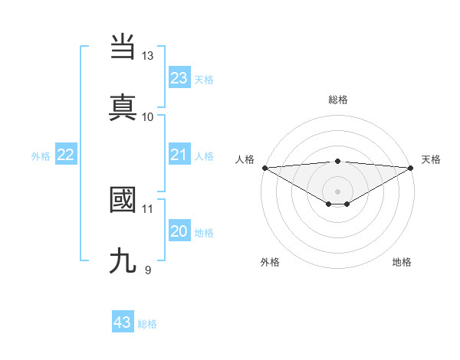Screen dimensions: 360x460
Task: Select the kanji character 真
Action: (x=123, y=108)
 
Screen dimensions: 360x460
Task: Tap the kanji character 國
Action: (x=123, y=201)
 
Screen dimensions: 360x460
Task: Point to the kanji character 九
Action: (x=123, y=261)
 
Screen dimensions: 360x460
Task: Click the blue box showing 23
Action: (x=179, y=78)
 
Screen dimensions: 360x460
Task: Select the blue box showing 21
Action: (x=179, y=155)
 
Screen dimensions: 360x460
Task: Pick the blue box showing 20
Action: (x=179, y=231)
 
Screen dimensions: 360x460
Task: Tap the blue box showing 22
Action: (x=65, y=155)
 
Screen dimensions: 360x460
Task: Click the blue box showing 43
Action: (x=123, y=322)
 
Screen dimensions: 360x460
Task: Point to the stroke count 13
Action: (x=148, y=56)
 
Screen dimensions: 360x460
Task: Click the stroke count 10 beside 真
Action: (x=148, y=116)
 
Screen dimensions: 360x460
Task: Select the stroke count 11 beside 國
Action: (x=148, y=208)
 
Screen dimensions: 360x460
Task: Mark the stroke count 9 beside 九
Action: (x=148, y=270)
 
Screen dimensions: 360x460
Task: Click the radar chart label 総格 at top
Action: (x=338, y=100)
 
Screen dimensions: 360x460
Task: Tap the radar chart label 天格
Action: (x=431, y=159)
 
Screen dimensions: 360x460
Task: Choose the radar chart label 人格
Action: (x=245, y=159)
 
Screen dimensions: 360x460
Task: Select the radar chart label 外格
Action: (x=270, y=262)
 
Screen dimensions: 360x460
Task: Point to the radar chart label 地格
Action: (x=402, y=262)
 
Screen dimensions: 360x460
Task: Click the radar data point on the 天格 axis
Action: (x=411, y=168)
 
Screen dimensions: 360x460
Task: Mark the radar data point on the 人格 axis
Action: (x=264, y=168)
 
